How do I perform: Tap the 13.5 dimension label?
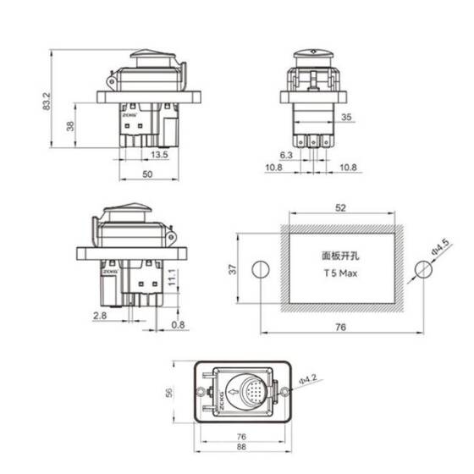(159, 155)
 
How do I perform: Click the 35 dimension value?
(346, 118)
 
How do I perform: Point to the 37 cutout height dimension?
(231, 268)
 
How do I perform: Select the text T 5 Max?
(339, 275)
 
